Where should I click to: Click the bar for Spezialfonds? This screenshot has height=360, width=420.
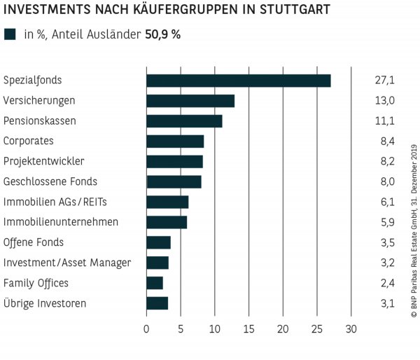(x=238, y=81)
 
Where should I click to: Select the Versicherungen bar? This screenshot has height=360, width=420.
(x=190, y=101)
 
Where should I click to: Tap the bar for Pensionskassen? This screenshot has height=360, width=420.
(x=184, y=121)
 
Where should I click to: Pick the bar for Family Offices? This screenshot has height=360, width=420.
(x=155, y=283)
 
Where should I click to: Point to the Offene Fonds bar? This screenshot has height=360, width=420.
(x=158, y=242)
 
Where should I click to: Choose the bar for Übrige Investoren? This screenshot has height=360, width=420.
(x=157, y=303)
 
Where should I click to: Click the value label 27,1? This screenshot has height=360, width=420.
(x=384, y=81)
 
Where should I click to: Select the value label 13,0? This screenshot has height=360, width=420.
(x=384, y=101)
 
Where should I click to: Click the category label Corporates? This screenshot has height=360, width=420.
(x=29, y=141)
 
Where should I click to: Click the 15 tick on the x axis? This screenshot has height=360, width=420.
(x=249, y=328)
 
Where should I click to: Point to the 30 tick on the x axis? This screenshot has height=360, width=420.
(x=351, y=328)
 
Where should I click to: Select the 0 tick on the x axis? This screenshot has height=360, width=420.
(x=146, y=328)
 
